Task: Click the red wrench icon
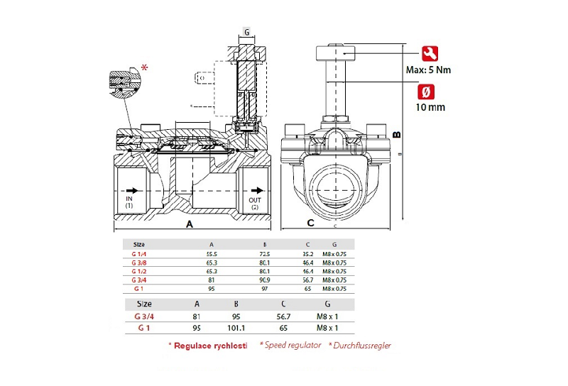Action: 430,54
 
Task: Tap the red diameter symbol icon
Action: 430,92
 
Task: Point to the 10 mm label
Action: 430,107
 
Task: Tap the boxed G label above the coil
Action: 246,32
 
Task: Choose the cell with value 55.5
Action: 212,253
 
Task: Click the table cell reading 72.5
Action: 265,253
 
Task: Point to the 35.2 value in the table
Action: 307,253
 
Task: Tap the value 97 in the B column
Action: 265,289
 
